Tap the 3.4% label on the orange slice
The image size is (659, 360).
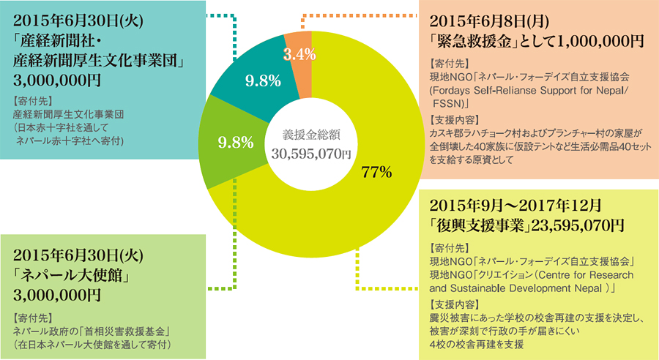(299, 53)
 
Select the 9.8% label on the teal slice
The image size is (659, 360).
(259, 80)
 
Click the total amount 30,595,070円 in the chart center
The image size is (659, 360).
(311, 154)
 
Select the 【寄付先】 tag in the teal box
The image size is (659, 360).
(33, 98)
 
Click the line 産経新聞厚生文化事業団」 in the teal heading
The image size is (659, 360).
(98, 57)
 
